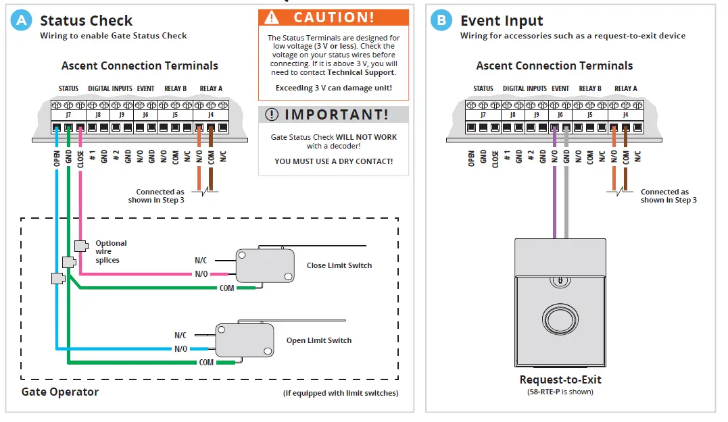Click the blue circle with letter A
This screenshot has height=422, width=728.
22,21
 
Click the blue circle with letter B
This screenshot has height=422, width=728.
441,21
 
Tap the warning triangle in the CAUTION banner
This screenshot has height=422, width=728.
272,17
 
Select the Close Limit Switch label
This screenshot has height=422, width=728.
339,265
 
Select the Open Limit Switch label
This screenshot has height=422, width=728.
318,340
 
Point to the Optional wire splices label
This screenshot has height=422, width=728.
111,251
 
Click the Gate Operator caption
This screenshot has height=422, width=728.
60,392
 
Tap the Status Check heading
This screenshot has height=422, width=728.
86,21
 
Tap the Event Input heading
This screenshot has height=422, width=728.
502,21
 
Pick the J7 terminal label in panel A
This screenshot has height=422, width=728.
68,115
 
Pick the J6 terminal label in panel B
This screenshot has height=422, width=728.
560,115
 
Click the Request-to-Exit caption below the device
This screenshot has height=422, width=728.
560,379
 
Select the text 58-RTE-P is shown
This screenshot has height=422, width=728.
560,392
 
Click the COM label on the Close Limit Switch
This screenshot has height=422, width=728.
227,288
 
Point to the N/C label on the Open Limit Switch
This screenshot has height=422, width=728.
180,335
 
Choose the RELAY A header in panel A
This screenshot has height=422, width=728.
211,88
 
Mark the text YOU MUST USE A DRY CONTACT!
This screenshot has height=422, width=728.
333,161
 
